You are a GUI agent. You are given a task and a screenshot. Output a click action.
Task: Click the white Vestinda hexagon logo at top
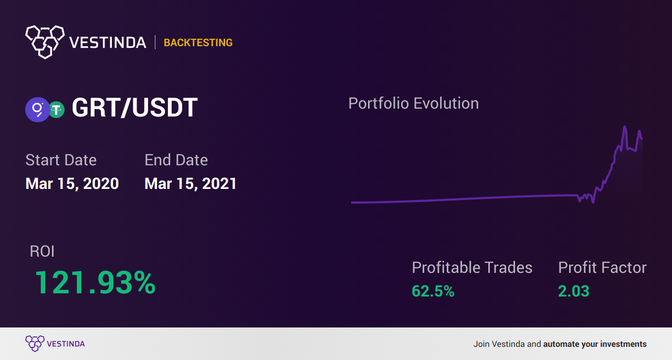[45, 42]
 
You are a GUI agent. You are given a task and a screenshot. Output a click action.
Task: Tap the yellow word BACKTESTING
[198, 43]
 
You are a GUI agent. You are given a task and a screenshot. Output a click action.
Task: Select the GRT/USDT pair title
[135, 108]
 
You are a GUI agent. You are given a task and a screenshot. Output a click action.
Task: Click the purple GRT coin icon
[37, 110]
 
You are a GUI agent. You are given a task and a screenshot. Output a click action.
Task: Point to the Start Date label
[61, 160]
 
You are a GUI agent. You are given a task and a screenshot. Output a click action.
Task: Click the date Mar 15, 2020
[72, 183]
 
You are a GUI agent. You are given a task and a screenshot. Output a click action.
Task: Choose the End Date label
[176, 160]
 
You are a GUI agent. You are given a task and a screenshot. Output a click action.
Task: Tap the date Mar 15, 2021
[191, 183]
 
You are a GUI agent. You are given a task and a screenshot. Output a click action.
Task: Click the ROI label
[42, 251]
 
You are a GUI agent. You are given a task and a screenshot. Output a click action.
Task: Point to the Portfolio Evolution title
[413, 103]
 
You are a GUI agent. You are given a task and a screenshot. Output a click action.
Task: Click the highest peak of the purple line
[625, 126]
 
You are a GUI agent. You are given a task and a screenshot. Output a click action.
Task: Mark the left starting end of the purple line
[352, 203]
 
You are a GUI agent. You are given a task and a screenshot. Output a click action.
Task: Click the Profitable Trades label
[472, 267]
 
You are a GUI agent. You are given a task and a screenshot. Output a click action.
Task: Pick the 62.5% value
[433, 291]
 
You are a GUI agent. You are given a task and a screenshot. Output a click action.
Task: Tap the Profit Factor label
[602, 267]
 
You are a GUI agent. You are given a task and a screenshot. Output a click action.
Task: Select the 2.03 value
[574, 291]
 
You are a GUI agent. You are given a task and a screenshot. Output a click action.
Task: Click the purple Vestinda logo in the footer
[55, 344]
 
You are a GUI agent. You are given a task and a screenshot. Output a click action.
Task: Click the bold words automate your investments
[595, 344]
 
